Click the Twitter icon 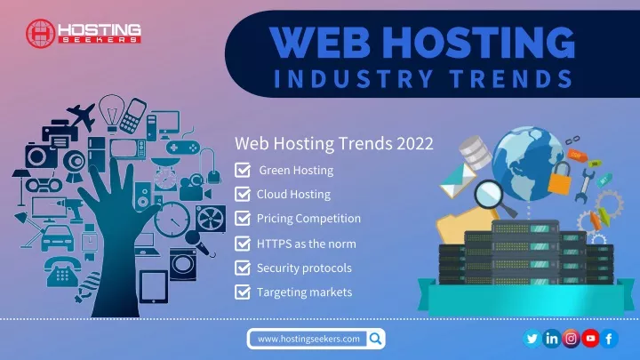tap(532, 339)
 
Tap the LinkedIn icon tap(551, 339)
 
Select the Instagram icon tap(571, 339)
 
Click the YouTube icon tap(590, 339)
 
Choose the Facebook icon tap(609, 339)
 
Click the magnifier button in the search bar tap(375, 339)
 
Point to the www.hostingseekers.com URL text tap(308, 339)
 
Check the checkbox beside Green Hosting tap(243, 170)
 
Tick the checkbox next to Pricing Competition tap(243, 219)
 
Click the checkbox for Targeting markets tap(243, 292)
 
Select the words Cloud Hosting tap(293, 195)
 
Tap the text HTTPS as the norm tap(306, 244)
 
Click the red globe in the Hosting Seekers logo tap(40, 34)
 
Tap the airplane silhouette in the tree tap(83, 116)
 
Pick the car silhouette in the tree tap(58, 238)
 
